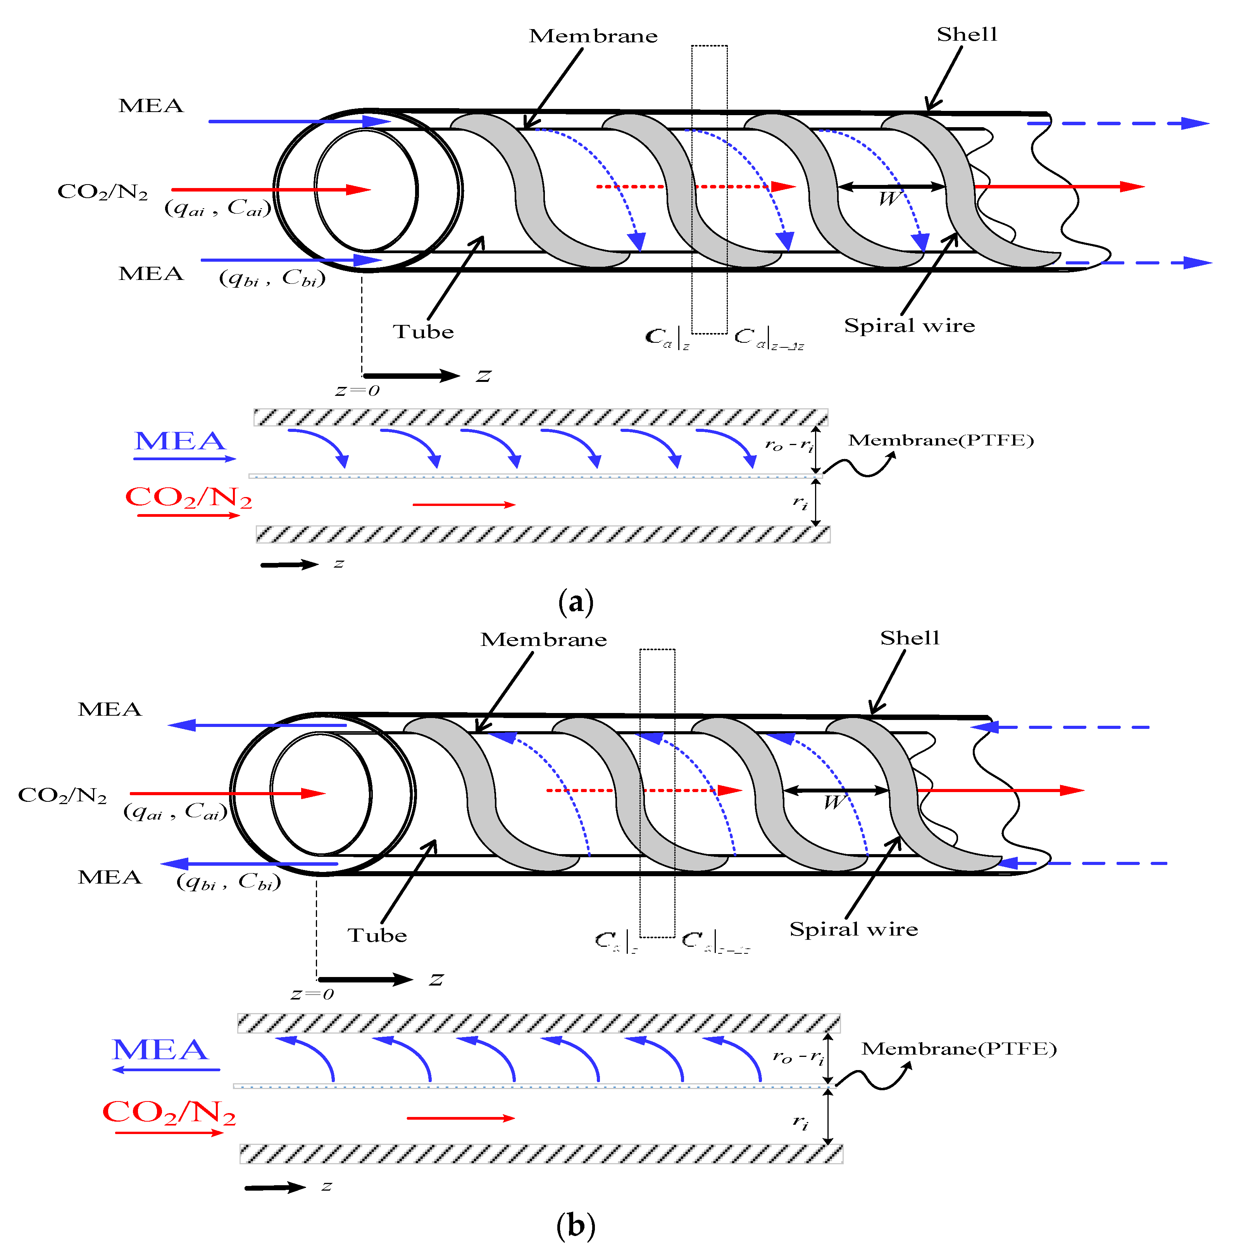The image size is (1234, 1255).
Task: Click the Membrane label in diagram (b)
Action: (543, 640)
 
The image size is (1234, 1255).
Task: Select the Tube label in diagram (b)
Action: (377, 936)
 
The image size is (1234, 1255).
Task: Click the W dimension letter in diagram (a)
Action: (889, 199)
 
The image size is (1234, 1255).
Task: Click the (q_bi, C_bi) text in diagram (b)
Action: (228, 882)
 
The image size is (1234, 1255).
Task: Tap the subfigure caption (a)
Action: (576, 602)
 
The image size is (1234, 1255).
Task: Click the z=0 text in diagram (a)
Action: (357, 391)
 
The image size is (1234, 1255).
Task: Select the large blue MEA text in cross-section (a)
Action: (179, 442)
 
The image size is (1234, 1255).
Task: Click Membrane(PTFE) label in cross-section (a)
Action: (940, 441)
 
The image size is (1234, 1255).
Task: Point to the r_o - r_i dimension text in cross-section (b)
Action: (798, 1057)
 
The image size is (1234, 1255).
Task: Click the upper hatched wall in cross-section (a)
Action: (541, 417)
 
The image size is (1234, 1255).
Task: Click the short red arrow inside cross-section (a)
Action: (464, 504)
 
